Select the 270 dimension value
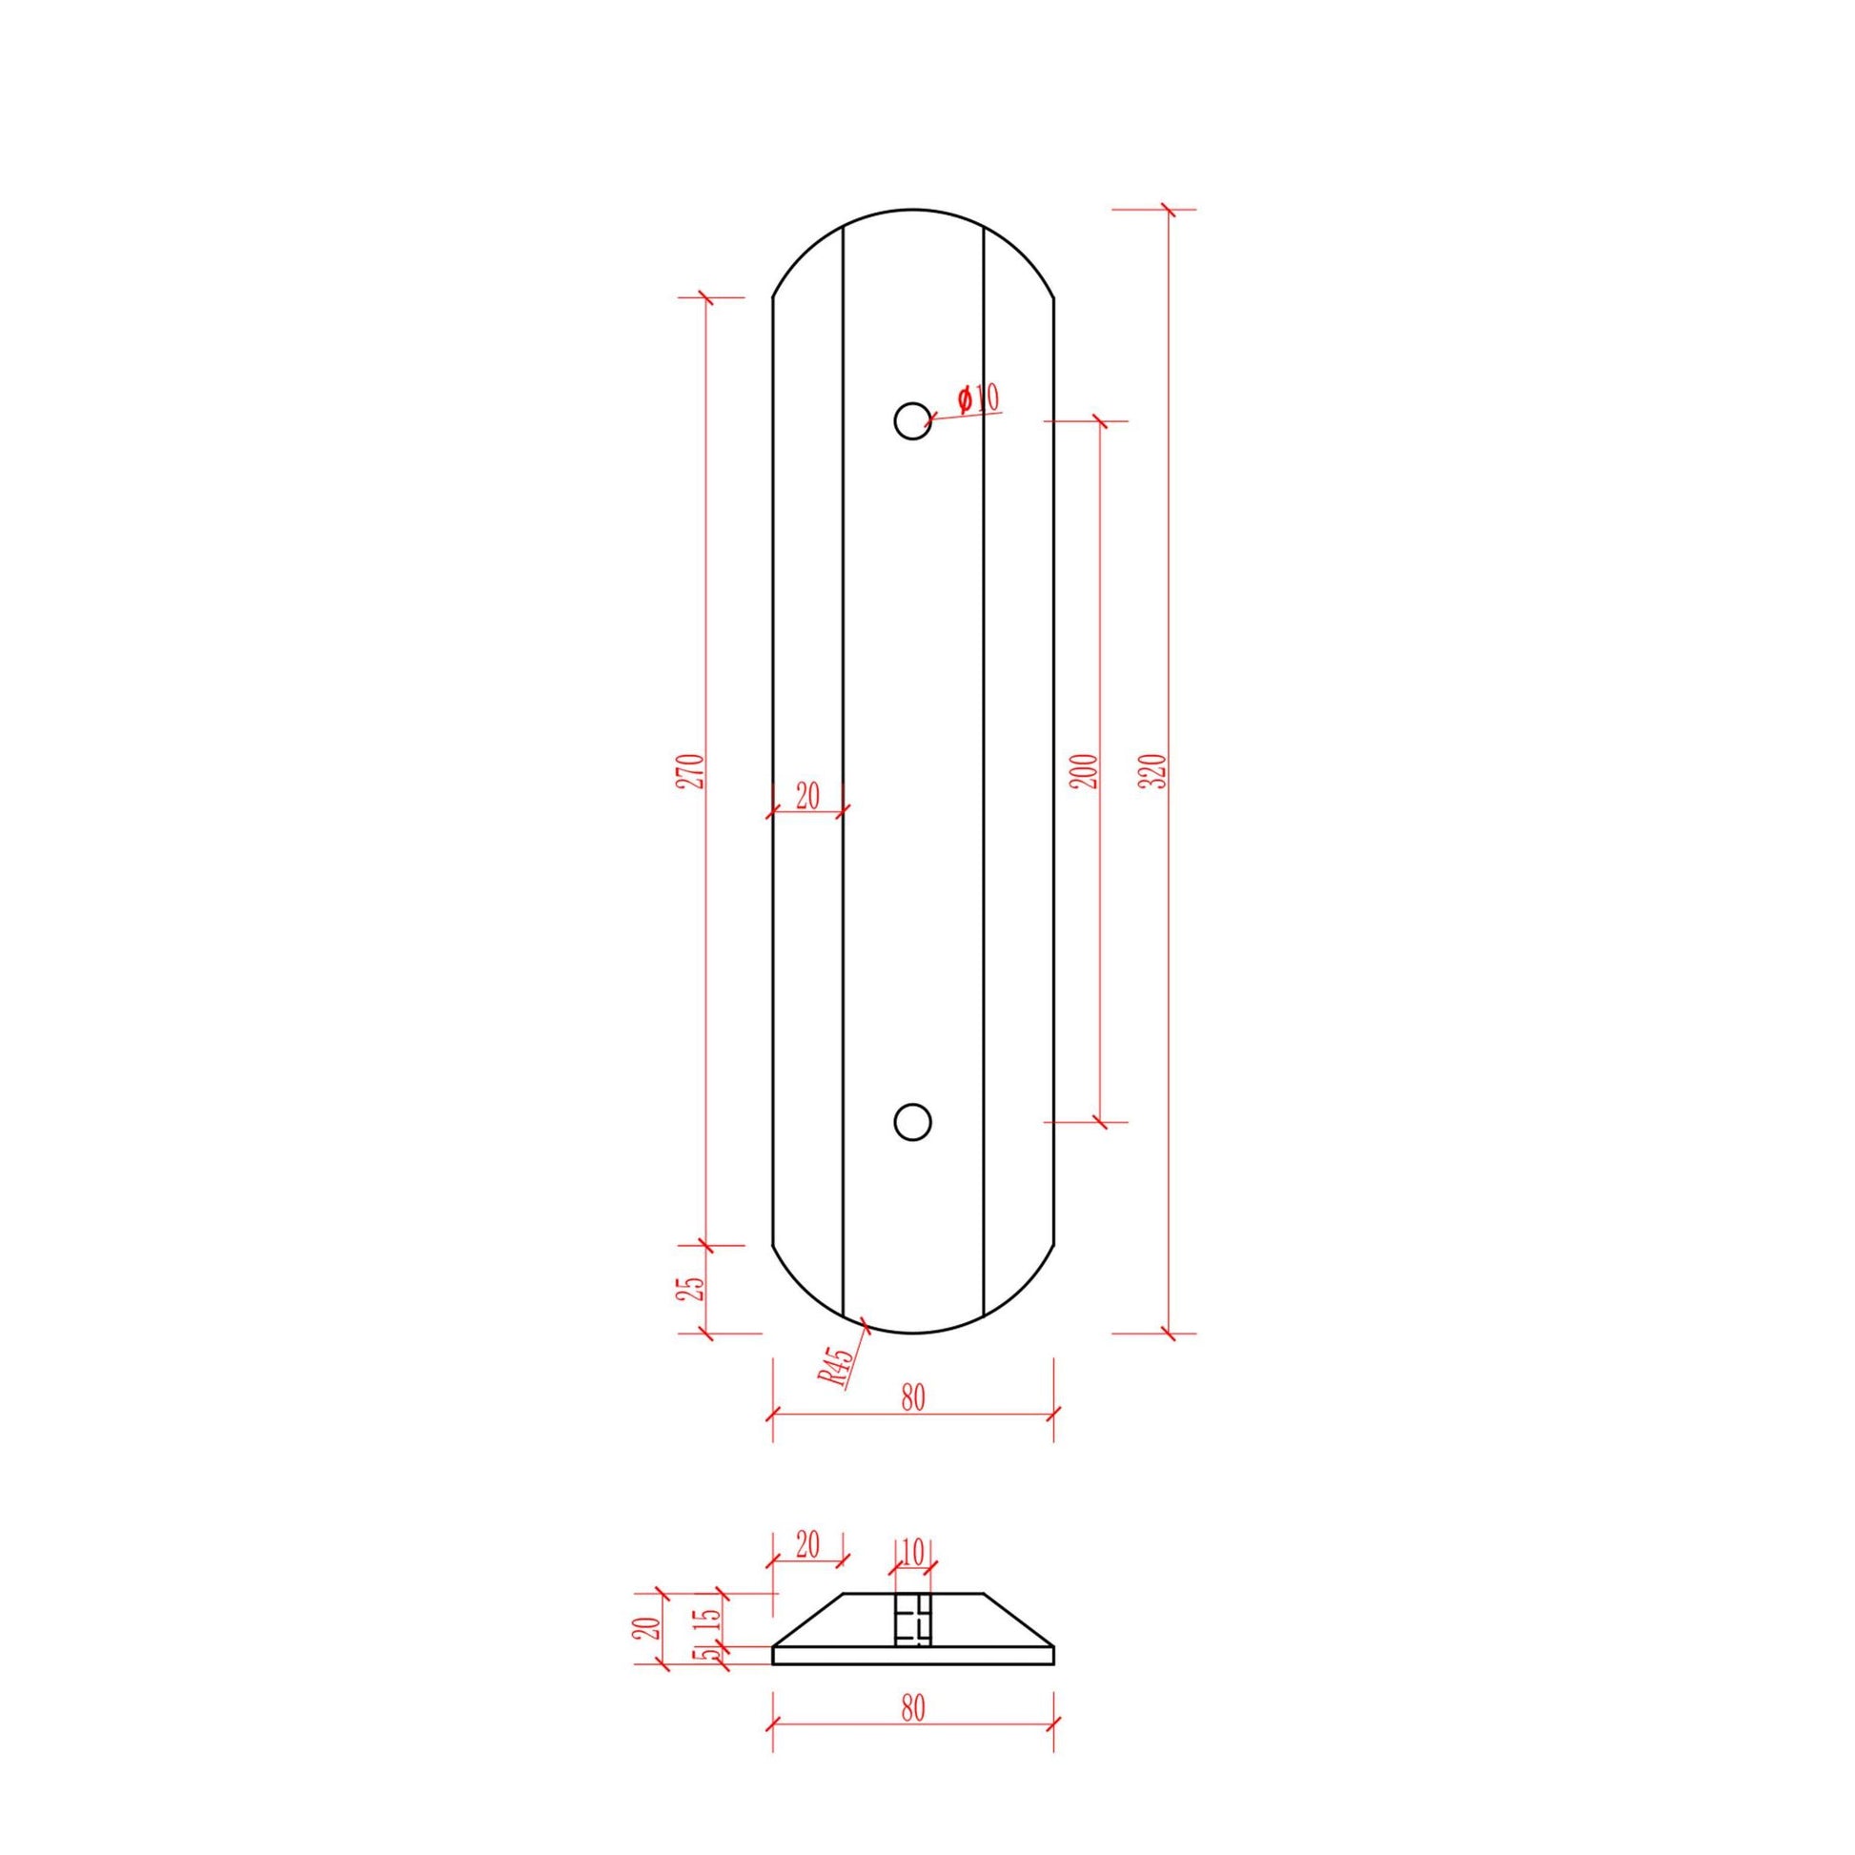(x=693, y=772)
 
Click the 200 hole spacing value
(x=1086, y=772)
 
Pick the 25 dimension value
(x=693, y=1288)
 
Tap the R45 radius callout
(x=837, y=1367)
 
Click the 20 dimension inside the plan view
(x=807, y=795)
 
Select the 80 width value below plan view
(x=913, y=1398)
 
